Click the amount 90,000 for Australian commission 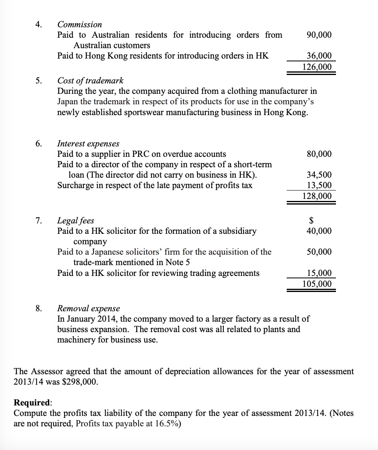[x=319, y=35]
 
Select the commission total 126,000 [x=317, y=67]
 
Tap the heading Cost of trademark [x=90, y=80]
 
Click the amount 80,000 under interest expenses [x=319, y=154]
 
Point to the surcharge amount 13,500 [x=319, y=185]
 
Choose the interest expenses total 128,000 [x=317, y=196]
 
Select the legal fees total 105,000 [x=317, y=284]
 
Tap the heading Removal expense [x=88, y=308]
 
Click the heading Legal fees [x=76, y=221]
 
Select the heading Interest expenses [x=88, y=144]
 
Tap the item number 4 [x=38, y=24]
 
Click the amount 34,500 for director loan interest [x=319, y=175]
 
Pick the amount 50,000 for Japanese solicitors [x=319, y=252]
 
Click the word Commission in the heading [x=80, y=24]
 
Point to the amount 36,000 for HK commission [x=319, y=56]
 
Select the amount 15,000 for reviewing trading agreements [x=319, y=274]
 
